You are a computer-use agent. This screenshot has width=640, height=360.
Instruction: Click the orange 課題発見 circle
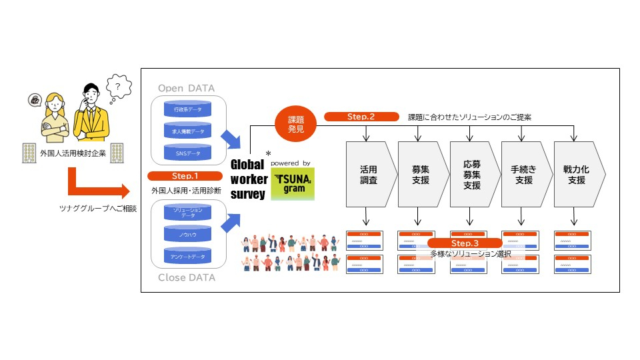click(x=295, y=124)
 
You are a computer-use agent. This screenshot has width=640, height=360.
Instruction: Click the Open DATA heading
click(x=187, y=88)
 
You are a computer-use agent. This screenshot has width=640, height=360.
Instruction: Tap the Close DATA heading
click(x=187, y=277)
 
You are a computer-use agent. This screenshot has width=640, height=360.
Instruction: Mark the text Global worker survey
click(x=249, y=180)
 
